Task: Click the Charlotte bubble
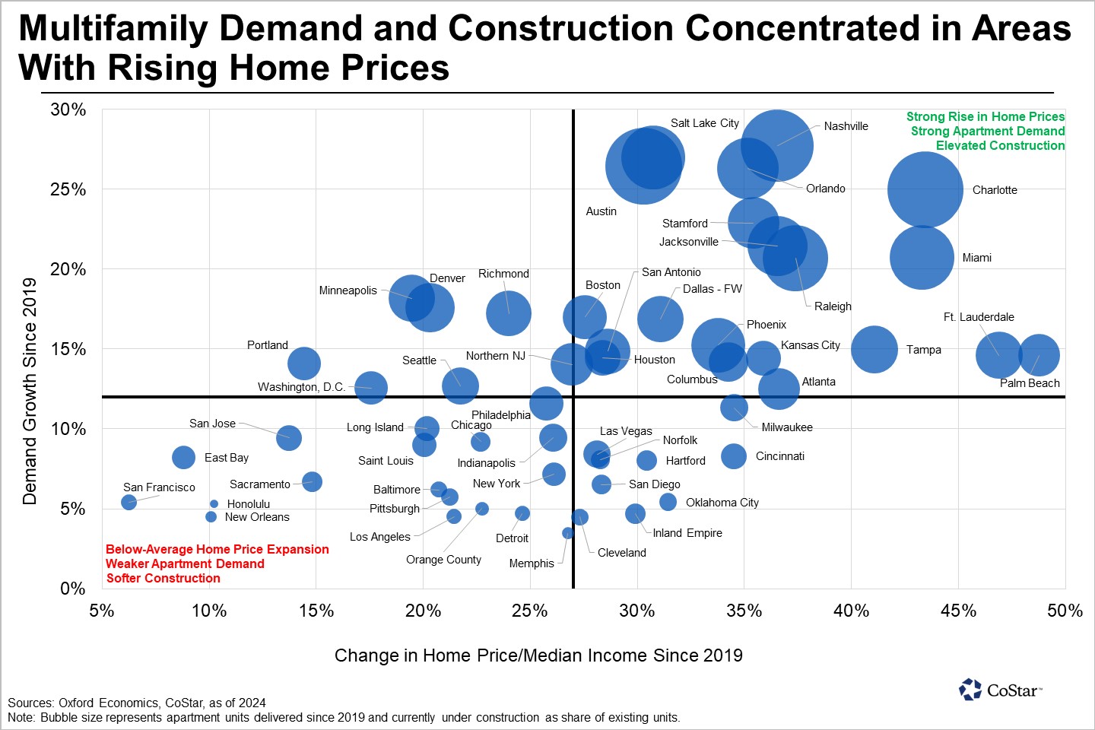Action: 925,190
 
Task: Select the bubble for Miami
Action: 922,257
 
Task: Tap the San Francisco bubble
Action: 129,502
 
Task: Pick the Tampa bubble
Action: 874,349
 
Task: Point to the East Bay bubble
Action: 183,457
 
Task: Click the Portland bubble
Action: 304,363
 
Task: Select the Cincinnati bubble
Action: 734,456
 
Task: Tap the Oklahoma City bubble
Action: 668,502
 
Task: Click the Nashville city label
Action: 846,126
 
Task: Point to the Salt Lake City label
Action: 704,123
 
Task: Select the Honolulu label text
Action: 248,504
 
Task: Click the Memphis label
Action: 532,563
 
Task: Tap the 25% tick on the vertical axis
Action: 68,189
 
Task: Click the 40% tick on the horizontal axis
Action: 851,611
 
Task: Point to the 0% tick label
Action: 73,589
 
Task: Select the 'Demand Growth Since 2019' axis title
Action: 30,391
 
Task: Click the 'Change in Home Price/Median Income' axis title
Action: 538,655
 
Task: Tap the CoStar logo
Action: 1000,690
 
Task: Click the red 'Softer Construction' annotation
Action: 163,578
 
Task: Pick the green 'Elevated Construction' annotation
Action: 1000,145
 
